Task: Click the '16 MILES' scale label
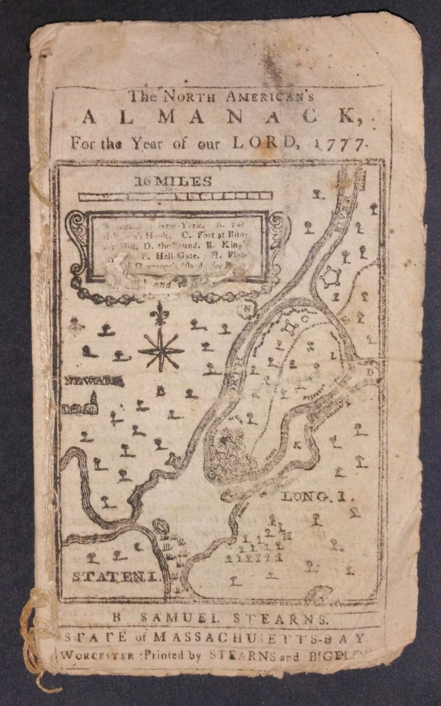point(174,182)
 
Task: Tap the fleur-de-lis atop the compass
point(159,315)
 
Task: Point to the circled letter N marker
point(245,309)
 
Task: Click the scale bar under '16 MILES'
point(175,196)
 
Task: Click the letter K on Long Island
point(297,444)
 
